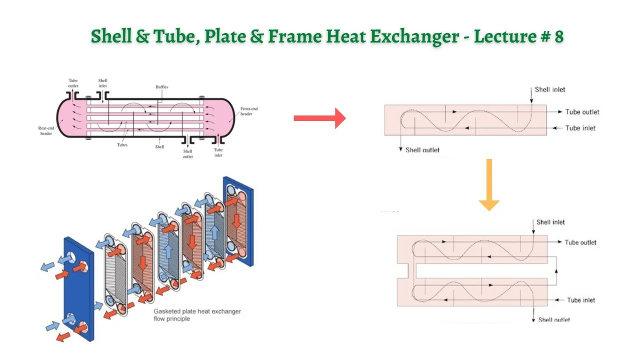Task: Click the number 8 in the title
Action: click(559, 36)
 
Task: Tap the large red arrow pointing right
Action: click(319, 118)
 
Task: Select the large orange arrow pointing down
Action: click(489, 185)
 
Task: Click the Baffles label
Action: click(161, 87)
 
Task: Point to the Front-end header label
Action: click(249, 111)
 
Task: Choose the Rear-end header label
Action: click(46, 130)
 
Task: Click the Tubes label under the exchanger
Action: click(122, 145)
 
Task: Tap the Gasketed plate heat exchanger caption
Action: click(197, 315)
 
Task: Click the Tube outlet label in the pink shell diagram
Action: click(73, 83)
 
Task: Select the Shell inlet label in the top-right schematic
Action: click(549, 89)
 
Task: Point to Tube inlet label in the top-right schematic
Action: click(580, 128)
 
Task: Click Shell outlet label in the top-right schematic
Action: click(422, 149)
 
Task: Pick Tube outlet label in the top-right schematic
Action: click(582, 112)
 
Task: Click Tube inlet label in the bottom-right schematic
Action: click(581, 300)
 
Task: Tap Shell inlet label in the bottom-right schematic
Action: click(550, 222)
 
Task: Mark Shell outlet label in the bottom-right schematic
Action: click(554, 319)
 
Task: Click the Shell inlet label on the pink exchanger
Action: click(102, 83)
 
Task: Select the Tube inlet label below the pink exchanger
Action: click(218, 152)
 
